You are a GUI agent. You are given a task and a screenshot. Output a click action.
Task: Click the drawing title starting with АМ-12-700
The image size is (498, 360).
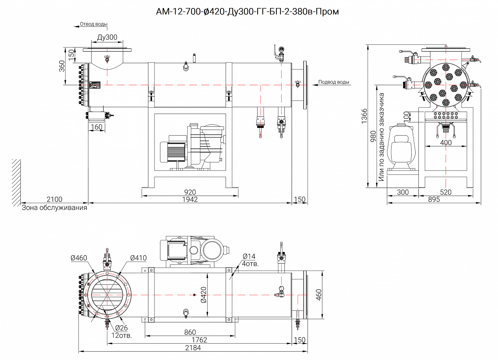(x=247, y=11)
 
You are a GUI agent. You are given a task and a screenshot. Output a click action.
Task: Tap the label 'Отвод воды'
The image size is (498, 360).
(x=94, y=24)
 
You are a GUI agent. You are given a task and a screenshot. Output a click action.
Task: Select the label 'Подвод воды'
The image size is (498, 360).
(x=334, y=82)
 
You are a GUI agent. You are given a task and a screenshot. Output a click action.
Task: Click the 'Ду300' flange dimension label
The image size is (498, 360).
(x=107, y=37)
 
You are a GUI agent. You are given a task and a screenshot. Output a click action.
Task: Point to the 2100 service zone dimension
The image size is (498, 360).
(x=54, y=199)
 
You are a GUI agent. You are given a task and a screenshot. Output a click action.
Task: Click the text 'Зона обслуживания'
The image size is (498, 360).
(x=54, y=208)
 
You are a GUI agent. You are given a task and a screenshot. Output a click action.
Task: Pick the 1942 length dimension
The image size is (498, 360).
(x=190, y=199)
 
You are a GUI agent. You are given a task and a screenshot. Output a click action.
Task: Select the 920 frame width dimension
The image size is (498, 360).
(x=190, y=192)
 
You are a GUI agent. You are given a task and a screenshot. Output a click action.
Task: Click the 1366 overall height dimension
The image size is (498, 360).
(x=364, y=116)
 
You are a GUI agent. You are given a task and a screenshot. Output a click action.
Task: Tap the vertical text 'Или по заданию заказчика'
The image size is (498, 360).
(x=381, y=137)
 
